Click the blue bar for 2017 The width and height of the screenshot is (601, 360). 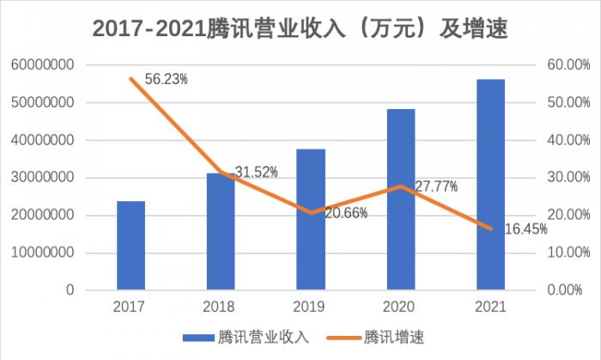pyautogui.click(x=131, y=246)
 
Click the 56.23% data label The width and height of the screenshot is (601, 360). pyautogui.click(x=167, y=79)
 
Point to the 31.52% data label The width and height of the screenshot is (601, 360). pyautogui.click(x=257, y=172)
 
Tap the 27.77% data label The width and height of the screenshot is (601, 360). pyautogui.click(x=436, y=186)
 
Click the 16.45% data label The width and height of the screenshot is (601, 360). pyautogui.click(x=526, y=229)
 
